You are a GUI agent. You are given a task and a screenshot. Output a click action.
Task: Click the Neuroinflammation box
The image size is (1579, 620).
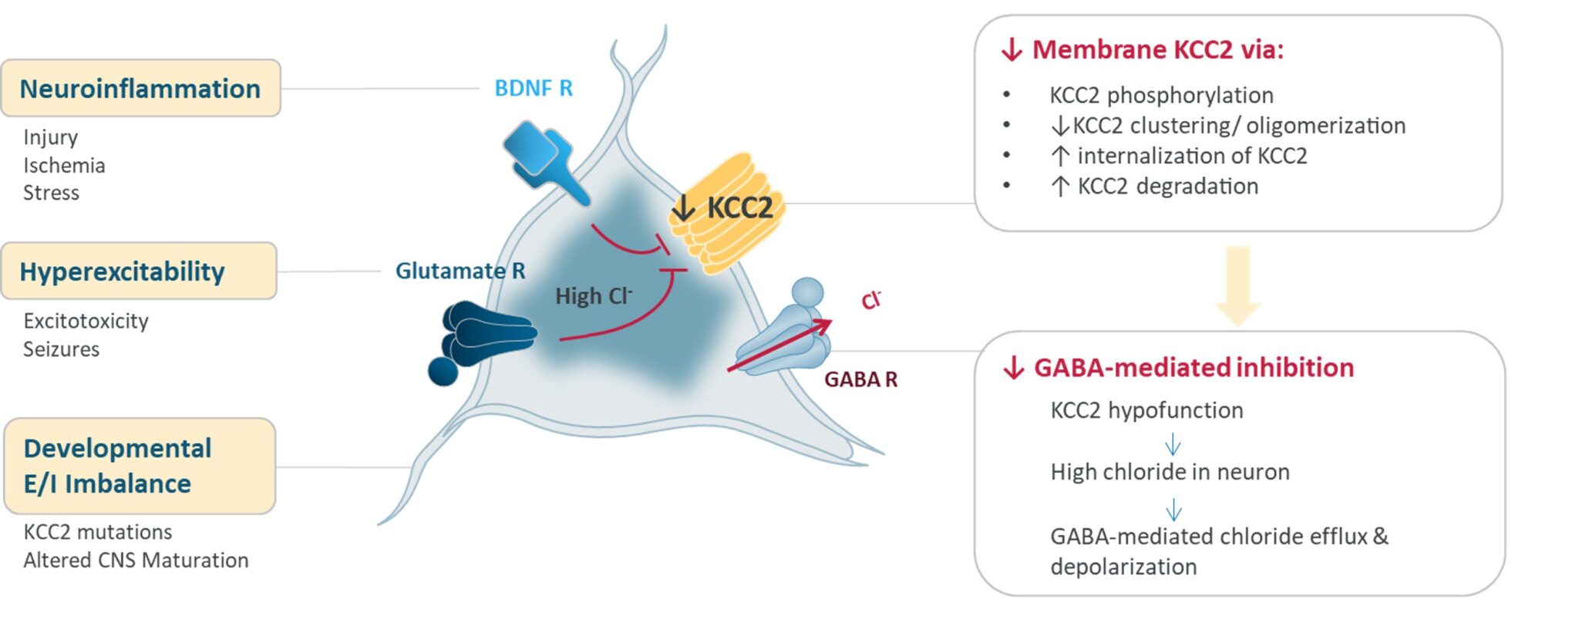click(x=140, y=89)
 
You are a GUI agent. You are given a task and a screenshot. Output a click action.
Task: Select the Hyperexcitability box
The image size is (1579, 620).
click(x=139, y=271)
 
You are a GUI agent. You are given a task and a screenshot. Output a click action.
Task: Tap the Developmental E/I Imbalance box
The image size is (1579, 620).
click(x=140, y=467)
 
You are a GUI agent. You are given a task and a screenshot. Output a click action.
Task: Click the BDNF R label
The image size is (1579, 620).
click(x=534, y=89)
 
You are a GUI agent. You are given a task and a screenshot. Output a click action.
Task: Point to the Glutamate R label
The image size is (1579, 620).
click(x=460, y=271)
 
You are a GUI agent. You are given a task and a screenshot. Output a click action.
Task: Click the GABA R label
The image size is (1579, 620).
click(x=860, y=379)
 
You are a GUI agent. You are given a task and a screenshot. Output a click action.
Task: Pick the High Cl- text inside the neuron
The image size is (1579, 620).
click(x=594, y=296)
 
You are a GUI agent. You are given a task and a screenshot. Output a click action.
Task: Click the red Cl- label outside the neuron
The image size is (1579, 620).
click(x=870, y=300)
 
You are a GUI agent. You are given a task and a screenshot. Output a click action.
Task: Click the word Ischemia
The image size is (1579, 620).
click(x=64, y=166)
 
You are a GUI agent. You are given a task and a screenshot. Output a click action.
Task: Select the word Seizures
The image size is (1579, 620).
click(x=62, y=349)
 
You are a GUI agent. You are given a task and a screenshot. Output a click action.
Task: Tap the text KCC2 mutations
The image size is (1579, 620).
click(x=98, y=532)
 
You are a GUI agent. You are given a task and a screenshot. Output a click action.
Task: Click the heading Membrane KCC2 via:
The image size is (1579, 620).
click(x=1156, y=50)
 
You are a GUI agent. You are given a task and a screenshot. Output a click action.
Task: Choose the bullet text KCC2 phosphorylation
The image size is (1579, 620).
click(x=1161, y=96)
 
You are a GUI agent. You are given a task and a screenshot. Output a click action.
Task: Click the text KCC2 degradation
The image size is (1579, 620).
click(x=1167, y=187)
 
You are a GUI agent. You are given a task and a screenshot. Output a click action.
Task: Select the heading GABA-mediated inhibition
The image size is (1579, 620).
click(x=1193, y=368)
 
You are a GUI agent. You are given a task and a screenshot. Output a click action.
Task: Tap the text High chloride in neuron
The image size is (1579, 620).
click(x=1170, y=472)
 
